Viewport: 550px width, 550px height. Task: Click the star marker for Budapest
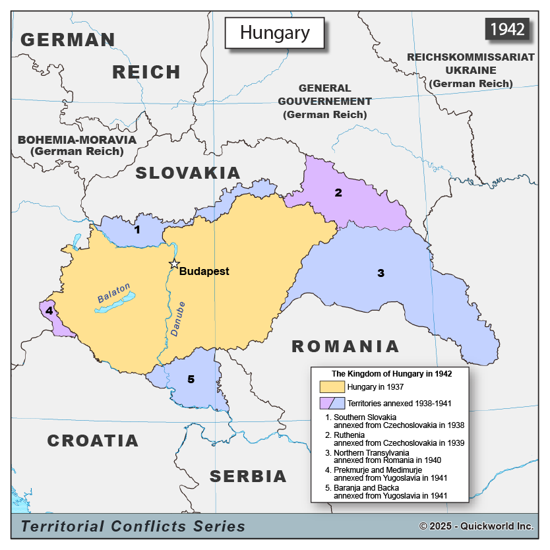[x=174, y=264]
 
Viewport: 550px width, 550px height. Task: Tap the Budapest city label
[x=204, y=271]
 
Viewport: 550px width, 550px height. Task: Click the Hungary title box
[x=274, y=32]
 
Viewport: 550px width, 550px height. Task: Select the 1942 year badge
[x=507, y=29]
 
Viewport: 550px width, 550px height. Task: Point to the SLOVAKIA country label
[x=188, y=173]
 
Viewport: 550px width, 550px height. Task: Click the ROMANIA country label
[x=346, y=346]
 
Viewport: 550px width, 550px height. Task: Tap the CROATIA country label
[x=93, y=441]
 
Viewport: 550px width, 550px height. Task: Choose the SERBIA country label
[x=249, y=476]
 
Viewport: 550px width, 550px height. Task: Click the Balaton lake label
[x=114, y=293]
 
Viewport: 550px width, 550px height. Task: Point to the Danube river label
[x=178, y=320]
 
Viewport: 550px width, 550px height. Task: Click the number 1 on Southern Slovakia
[x=137, y=230]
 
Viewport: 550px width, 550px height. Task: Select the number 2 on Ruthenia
[x=338, y=193]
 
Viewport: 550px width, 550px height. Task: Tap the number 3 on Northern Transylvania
[x=381, y=273]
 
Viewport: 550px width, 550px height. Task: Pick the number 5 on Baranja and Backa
[x=191, y=379]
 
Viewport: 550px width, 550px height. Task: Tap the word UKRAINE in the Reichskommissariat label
[x=470, y=70]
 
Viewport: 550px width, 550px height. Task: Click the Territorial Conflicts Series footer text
[x=133, y=526]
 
